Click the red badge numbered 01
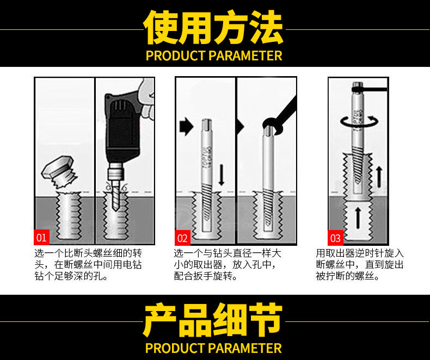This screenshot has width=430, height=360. tap(42, 237)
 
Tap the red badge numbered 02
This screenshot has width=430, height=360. tap(183, 238)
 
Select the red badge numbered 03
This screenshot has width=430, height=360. tap(335, 238)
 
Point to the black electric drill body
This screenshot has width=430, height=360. tap(122, 129)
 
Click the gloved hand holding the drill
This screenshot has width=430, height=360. tap(146, 98)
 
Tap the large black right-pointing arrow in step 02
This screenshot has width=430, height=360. tap(187, 127)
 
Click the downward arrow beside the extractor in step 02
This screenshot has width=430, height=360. tap(222, 175)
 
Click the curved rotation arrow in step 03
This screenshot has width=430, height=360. tap(359, 122)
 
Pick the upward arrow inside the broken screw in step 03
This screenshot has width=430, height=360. tap(358, 218)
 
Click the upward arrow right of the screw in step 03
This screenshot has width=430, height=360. tap(379, 177)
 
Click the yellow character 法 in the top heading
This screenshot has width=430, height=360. tap(266, 27)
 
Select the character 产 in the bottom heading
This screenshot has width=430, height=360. tap(161, 320)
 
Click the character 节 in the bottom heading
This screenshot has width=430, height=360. tap(266, 320)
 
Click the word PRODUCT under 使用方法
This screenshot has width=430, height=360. tap(175, 55)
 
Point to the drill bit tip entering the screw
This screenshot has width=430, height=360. tap(115, 209)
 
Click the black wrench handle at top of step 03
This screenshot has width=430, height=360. tap(370, 89)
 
